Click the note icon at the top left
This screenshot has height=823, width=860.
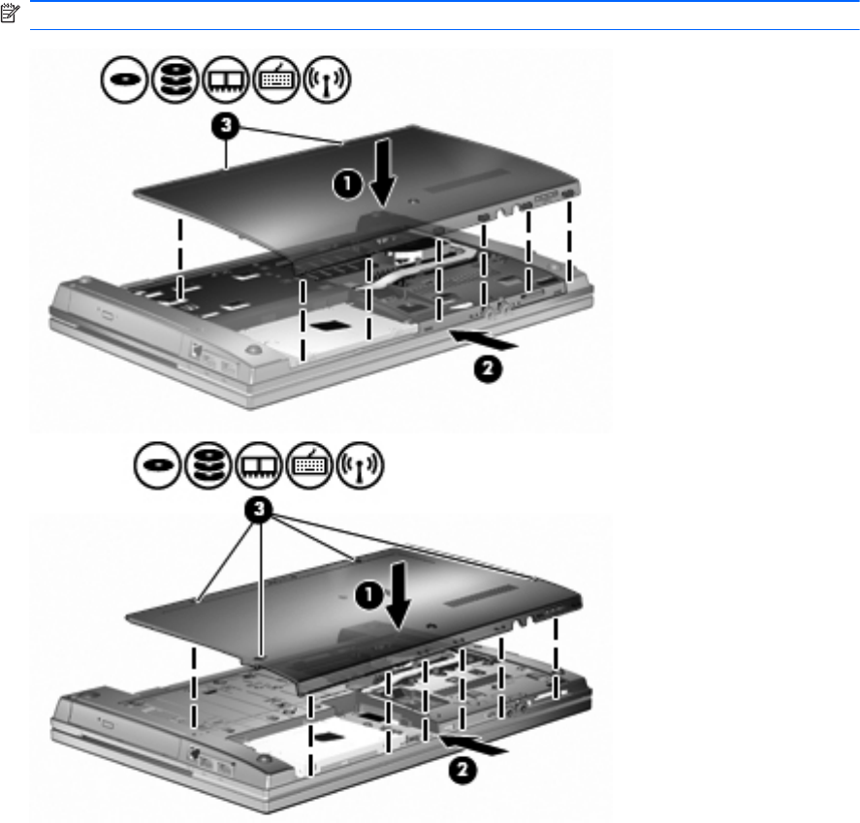tap(10, 14)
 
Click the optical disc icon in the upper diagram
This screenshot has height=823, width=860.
tap(124, 79)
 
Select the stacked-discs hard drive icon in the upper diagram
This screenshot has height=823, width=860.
tap(175, 79)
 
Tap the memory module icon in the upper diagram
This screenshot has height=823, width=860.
tap(225, 79)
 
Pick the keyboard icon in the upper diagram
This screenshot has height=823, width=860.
tap(276, 79)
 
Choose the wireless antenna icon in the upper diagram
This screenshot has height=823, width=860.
tap(327, 79)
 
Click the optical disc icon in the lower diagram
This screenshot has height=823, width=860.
tap(157, 465)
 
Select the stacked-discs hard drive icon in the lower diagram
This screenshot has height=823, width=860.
tap(207, 465)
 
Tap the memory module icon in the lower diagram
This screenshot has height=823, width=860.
tap(259, 465)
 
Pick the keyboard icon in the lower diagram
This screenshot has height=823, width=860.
tap(309, 465)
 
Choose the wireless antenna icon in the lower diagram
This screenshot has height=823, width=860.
tap(360, 465)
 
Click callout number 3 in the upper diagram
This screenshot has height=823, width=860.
tap(225, 126)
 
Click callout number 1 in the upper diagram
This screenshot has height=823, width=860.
tap(348, 184)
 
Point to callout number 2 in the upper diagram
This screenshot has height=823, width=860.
tap(488, 369)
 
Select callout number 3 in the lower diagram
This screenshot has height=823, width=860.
tap(258, 511)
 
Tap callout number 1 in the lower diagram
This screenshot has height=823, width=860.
tap(369, 595)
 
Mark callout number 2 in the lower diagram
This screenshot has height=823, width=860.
tap(462, 771)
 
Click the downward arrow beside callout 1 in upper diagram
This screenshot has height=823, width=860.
tap(382, 173)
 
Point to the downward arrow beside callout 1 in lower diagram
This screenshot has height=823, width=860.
tap(398, 595)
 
